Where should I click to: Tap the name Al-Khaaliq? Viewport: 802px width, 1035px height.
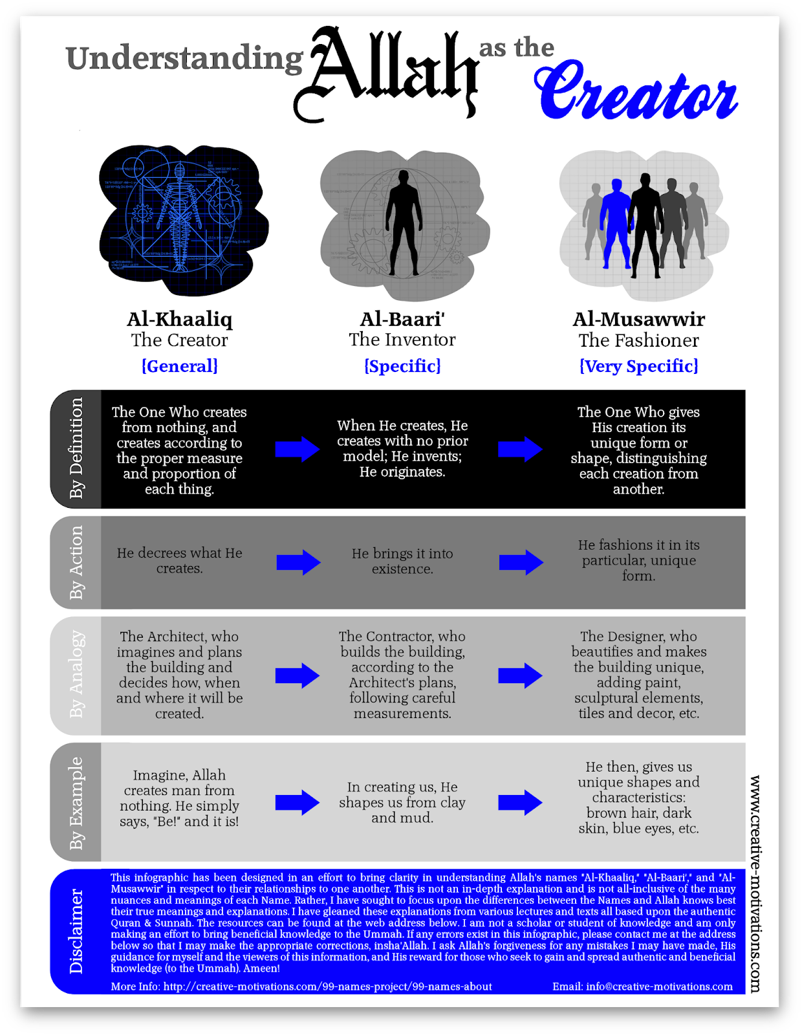(179, 319)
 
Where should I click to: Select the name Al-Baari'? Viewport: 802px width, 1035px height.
(402, 319)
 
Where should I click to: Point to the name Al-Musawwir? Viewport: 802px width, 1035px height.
(638, 319)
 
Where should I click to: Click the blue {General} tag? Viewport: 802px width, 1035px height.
(179, 366)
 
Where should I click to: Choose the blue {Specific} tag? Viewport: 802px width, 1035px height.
(402, 366)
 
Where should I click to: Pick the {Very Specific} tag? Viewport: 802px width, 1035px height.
(638, 366)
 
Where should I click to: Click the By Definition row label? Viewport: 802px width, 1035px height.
(76, 448)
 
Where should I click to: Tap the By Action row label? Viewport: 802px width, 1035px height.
(76, 562)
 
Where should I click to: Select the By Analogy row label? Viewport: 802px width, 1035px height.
(76, 675)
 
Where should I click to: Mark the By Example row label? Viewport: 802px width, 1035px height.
(76, 802)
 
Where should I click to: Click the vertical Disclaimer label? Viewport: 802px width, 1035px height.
(76, 931)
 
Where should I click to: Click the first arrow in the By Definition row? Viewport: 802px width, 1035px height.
(298, 449)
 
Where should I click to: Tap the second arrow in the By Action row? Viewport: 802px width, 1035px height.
(521, 562)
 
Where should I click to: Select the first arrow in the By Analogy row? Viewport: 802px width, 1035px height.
(298, 676)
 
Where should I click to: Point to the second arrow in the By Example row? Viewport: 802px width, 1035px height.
(521, 803)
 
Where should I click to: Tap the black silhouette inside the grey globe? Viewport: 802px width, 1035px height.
(403, 223)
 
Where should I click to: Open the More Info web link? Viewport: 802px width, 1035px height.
(327, 986)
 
